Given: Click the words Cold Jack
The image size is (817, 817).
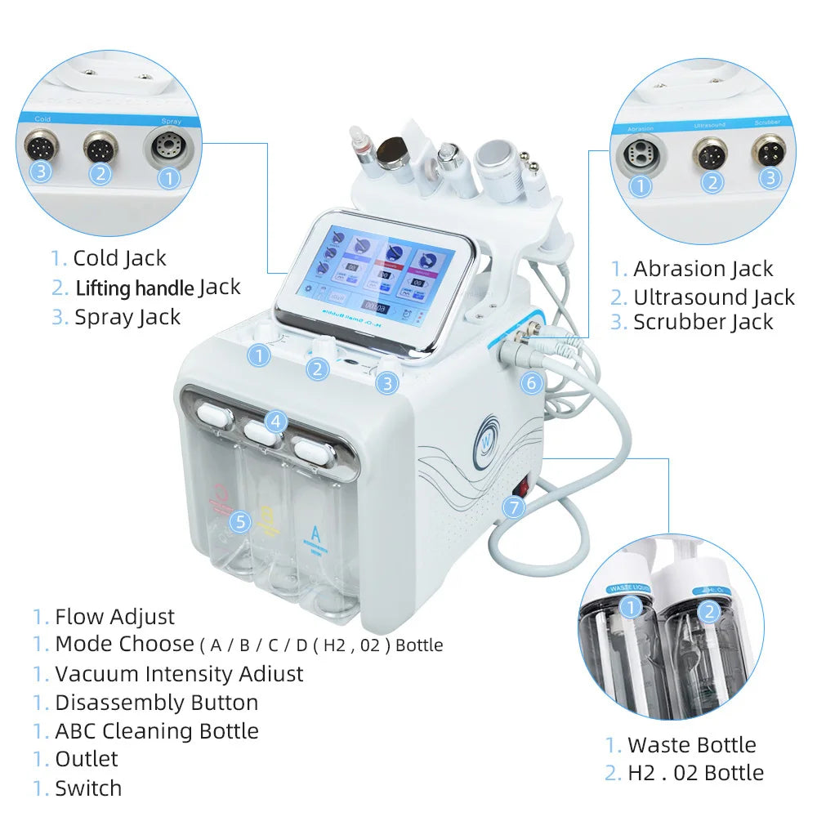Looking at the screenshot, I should (119, 258).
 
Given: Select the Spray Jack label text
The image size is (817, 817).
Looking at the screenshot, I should (127, 317).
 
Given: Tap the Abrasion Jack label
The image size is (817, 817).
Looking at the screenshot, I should (703, 269).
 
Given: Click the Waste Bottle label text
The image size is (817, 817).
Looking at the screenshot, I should (691, 745).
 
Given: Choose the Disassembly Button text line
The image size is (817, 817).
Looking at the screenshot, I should (156, 703).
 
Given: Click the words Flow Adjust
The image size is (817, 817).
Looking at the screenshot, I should (114, 617).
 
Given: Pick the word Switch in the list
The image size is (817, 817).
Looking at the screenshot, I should (88, 788).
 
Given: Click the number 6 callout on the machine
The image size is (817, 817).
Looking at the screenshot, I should (531, 382).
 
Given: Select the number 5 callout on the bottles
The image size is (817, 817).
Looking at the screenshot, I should (239, 520).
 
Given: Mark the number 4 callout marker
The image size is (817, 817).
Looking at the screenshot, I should (276, 422).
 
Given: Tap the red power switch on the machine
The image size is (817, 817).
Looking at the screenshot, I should (521, 488).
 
